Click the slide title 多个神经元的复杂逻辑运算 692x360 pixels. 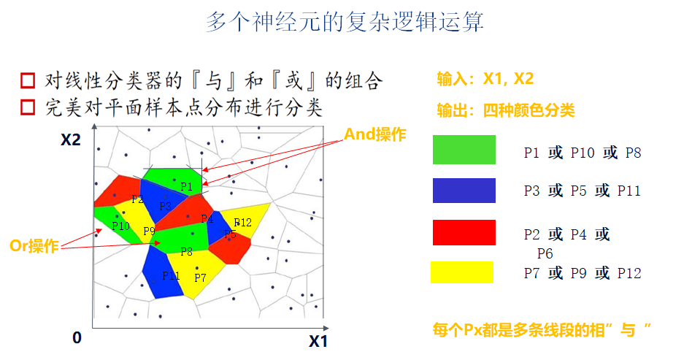tap(344, 22)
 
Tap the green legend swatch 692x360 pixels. tap(464, 150)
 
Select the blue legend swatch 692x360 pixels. tap(464, 190)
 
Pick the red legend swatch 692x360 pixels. tap(464, 232)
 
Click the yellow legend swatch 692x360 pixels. tap(462, 272)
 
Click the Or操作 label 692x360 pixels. tap(34, 246)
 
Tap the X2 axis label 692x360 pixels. tap(70, 139)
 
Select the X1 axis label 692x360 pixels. tap(318, 341)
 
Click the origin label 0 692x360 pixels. tap(77, 338)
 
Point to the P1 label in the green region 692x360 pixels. tap(186, 187)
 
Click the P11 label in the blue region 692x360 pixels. tap(170, 275)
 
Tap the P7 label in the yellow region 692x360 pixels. tap(200, 277)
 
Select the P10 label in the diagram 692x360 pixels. tap(121, 226)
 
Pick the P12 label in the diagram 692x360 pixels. tap(242, 222)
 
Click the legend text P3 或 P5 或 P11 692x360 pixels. tap(582, 191)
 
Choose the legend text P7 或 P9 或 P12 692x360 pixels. tap(582, 273)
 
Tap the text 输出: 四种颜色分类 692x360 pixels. tap(505, 110)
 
